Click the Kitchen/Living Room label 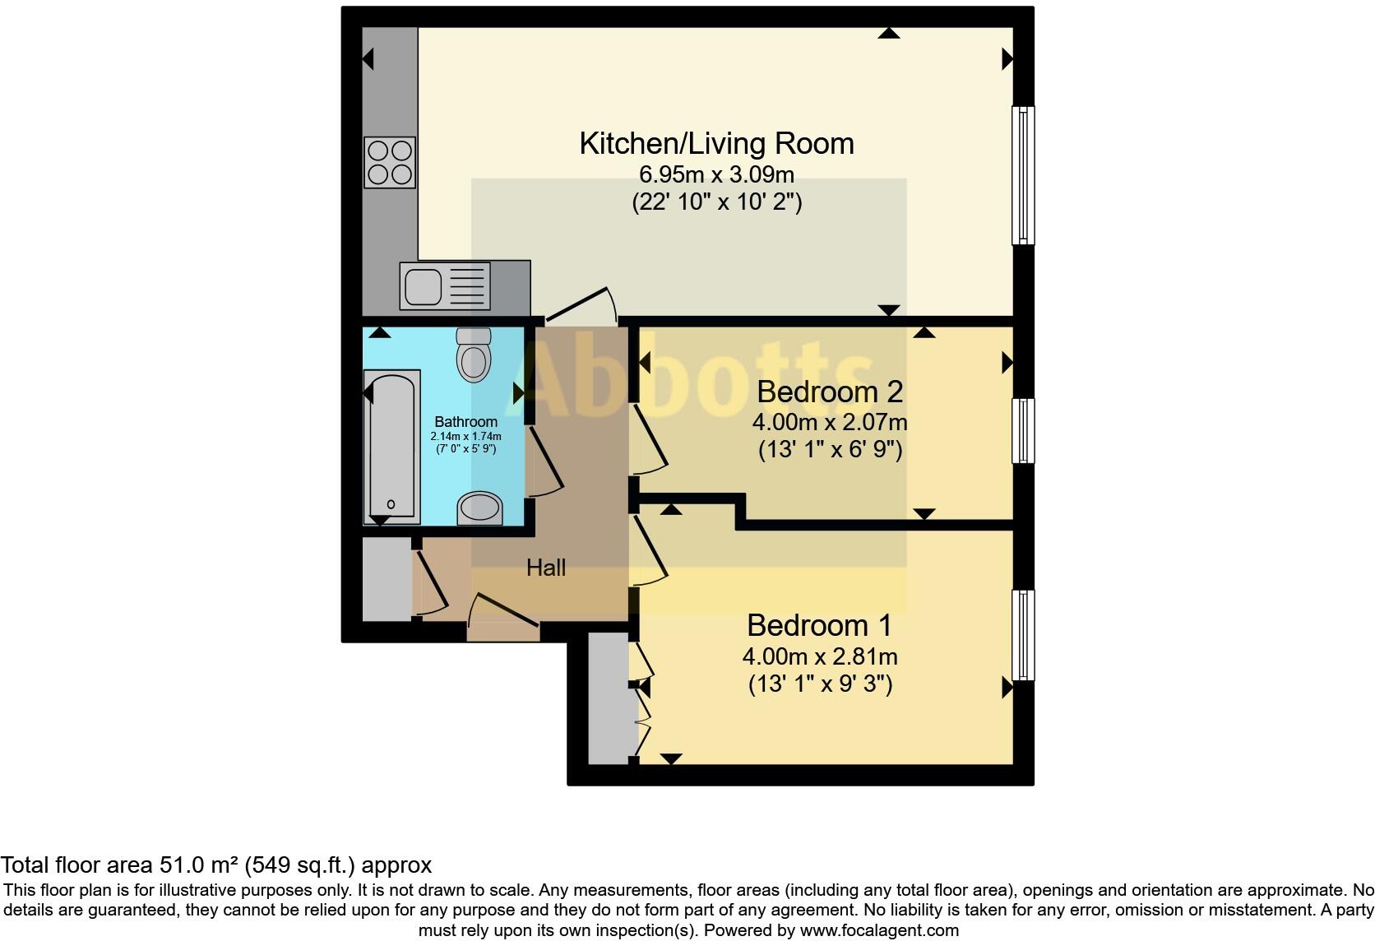(x=716, y=143)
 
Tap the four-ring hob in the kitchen (x=390, y=163)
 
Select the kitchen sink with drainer (x=444, y=286)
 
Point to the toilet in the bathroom (x=474, y=355)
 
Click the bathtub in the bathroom (x=391, y=445)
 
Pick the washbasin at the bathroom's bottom (x=479, y=508)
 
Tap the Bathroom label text (x=465, y=422)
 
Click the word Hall (x=546, y=568)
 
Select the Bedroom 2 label (x=829, y=392)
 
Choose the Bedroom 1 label (x=818, y=626)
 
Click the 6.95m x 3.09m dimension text (x=716, y=174)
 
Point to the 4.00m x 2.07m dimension (x=829, y=423)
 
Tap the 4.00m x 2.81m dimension (x=819, y=657)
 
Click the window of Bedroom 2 (x=1023, y=430)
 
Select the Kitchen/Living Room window (x=1023, y=176)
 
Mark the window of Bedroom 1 (x=1023, y=634)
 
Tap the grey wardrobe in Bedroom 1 (x=609, y=698)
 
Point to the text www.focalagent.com (x=878, y=931)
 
